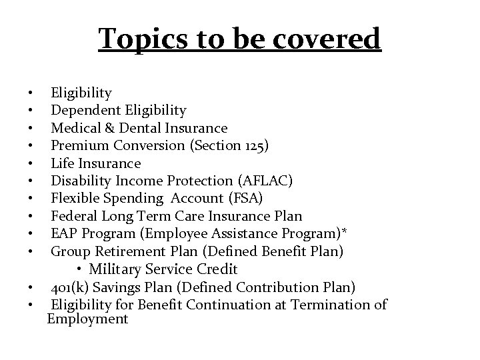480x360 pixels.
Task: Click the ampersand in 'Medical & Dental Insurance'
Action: click(x=109, y=128)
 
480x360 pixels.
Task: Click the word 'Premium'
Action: click(x=79, y=145)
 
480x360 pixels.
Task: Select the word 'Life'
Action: click(x=63, y=163)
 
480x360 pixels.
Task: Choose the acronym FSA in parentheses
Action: click(x=250, y=199)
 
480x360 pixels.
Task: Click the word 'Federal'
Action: click(x=74, y=216)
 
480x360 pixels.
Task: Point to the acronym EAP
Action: click(x=64, y=234)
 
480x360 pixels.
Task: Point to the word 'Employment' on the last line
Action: click(x=87, y=319)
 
